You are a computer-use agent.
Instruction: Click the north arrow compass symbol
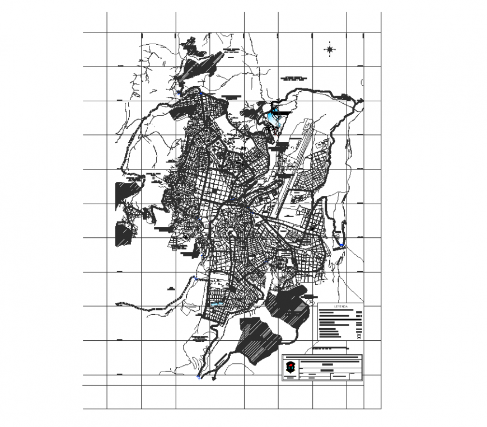[330, 49]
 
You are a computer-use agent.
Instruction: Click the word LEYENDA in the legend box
[340, 307]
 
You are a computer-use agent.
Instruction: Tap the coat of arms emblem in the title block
[289, 367]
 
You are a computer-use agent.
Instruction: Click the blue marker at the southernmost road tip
[198, 378]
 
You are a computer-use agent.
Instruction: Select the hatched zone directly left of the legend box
[288, 305]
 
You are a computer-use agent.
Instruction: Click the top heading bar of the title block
[322, 357]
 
